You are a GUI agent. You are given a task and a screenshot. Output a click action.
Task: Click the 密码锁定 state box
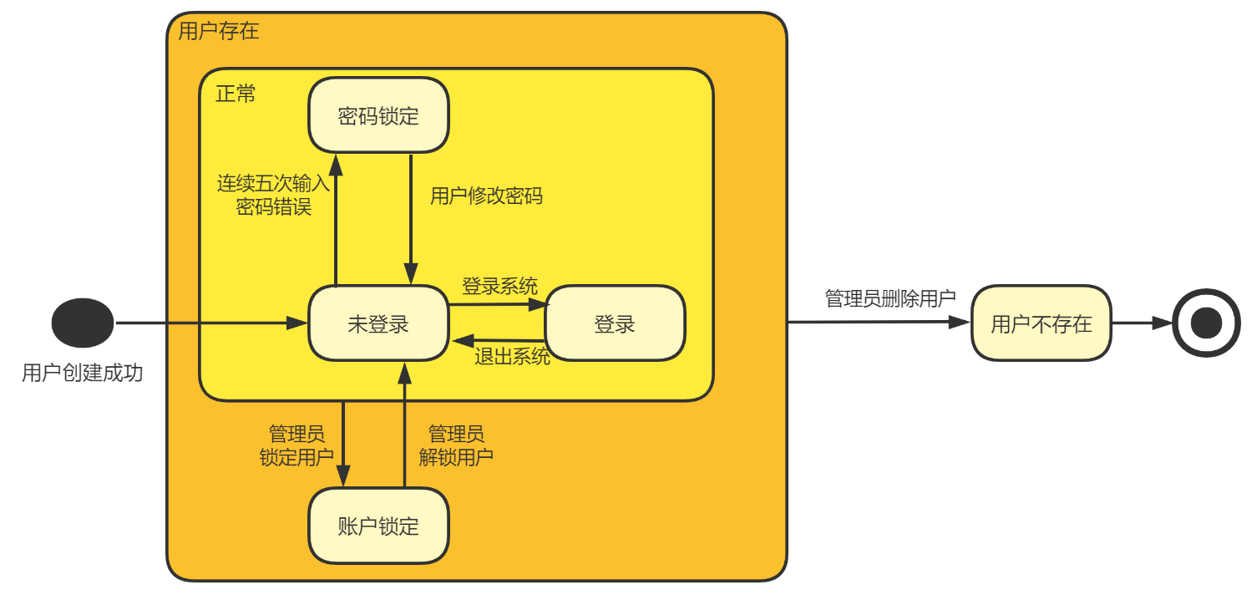pos(378,115)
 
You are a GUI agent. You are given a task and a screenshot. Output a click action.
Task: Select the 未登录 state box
pos(378,323)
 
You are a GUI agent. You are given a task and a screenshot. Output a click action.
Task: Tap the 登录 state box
pos(615,324)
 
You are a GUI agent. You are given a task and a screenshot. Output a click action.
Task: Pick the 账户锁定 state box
pos(378,526)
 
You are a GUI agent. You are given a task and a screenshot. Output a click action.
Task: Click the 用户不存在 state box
pos(1041,323)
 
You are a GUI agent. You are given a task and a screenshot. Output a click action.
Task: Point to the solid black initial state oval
pos(83,323)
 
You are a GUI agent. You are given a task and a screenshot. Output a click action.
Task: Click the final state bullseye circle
pos(1206,323)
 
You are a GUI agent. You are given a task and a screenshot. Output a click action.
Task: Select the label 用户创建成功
pos(82,373)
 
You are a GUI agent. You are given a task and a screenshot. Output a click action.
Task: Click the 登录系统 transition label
pos(499,287)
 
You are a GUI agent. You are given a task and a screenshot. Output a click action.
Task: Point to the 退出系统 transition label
pos(512,357)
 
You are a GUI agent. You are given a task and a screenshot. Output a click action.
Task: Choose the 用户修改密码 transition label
pos(486,196)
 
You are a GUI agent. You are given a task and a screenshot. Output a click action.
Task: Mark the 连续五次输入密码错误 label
pos(273,196)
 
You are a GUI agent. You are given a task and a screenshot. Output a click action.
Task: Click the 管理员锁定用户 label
pos(297,445)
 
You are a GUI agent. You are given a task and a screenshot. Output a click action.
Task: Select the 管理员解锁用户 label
pos(455,445)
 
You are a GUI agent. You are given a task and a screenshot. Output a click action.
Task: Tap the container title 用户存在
pos(219,32)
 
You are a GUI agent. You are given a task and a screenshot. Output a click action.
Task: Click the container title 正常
pos(236,93)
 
